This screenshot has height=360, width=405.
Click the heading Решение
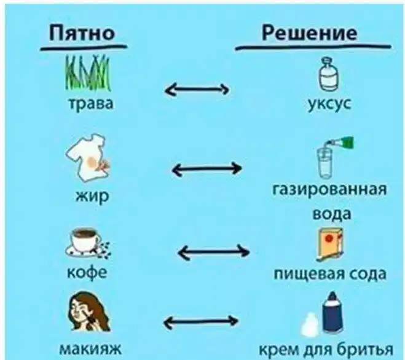pyautogui.click(x=309, y=33)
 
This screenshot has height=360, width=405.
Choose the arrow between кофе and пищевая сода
pyautogui.click(x=213, y=251)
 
